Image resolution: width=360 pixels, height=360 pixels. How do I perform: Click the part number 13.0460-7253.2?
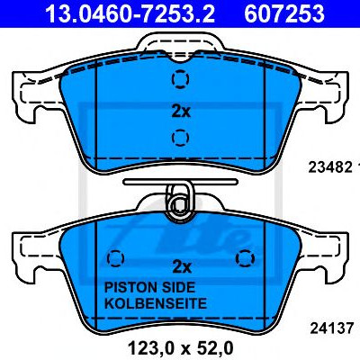click(130, 13)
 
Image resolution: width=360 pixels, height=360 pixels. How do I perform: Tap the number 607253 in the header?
click(284, 13)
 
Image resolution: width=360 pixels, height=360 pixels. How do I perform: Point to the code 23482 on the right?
click(330, 167)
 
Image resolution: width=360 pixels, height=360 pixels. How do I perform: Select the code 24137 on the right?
click(332, 328)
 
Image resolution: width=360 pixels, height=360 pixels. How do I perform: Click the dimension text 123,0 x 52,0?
click(180, 348)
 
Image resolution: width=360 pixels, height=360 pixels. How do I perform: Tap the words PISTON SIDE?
click(149, 287)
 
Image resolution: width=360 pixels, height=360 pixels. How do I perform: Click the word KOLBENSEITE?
click(156, 303)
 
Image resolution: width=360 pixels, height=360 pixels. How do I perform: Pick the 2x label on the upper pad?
click(181, 112)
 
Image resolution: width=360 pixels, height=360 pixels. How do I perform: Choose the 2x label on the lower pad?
click(182, 266)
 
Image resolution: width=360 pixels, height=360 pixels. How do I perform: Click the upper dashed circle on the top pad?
click(180, 79)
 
